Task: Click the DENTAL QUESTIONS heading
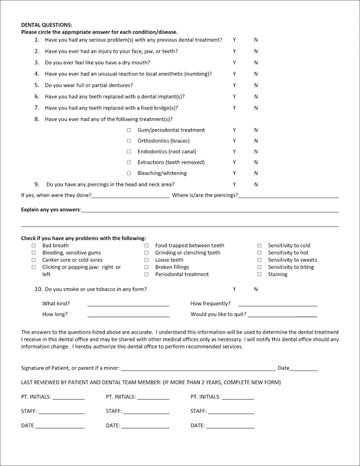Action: point(47,24)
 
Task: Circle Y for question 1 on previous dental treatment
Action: point(234,40)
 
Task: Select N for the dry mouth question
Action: point(256,62)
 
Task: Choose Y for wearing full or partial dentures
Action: point(234,85)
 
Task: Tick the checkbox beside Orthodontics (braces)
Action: point(129,141)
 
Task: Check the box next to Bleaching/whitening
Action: point(129,173)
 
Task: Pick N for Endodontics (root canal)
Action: point(256,152)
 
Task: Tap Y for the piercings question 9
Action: point(234,184)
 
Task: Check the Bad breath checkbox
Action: point(34,246)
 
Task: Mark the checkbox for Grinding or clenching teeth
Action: point(146,253)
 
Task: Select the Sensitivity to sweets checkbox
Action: point(259,260)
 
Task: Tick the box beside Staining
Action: point(259,275)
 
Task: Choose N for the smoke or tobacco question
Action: point(256,289)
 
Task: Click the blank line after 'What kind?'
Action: point(128,304)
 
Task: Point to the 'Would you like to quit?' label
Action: point(218,314)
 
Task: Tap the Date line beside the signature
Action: point(303,369)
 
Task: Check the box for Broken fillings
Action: point(146,267)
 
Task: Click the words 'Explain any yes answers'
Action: point(51,210)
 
